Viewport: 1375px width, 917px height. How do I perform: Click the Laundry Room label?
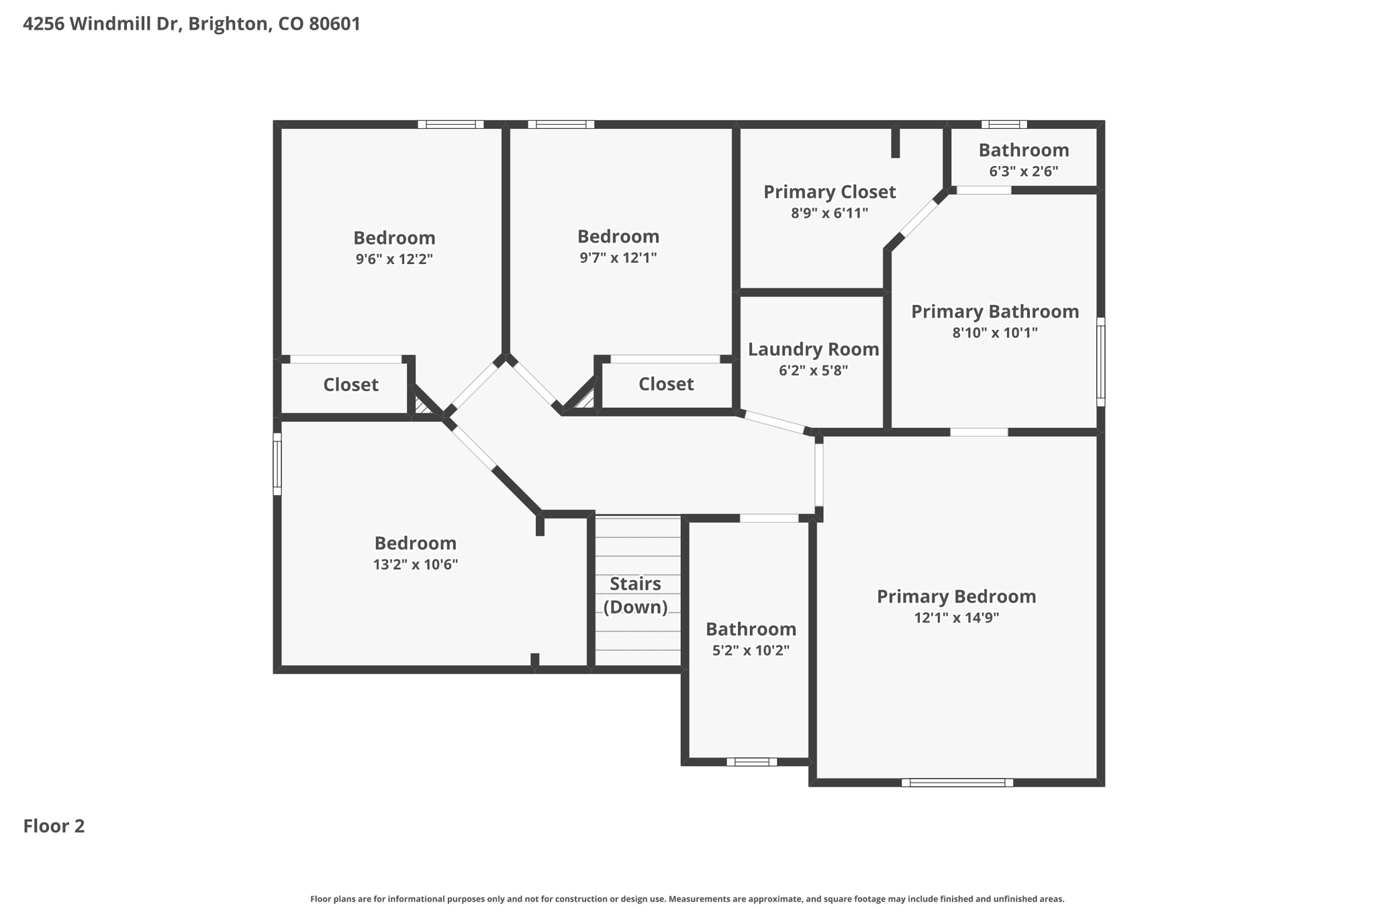813,349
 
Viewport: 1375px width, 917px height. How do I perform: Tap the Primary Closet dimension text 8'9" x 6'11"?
829,214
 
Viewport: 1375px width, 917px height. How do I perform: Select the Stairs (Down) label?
635,595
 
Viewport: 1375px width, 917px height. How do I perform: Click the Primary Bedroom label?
956,597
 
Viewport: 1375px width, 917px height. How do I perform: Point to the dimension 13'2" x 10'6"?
415,565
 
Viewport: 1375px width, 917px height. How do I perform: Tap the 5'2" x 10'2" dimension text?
751,650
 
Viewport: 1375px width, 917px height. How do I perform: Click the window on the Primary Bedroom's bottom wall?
957,783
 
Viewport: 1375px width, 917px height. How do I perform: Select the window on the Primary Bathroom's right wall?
1101,362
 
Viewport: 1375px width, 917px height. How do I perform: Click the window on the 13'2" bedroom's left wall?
277,464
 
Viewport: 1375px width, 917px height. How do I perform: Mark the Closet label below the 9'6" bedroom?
350,385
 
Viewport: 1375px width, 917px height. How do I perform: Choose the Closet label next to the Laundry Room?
666,384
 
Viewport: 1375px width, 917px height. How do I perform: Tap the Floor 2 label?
54,826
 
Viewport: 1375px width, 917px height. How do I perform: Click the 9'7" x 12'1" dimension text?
618,258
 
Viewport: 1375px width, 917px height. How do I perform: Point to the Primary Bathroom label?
994,312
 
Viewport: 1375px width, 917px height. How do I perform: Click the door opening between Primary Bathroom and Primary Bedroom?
979,432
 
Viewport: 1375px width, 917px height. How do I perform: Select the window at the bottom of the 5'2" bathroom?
751,762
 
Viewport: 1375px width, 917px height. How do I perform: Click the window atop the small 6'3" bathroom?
1004,124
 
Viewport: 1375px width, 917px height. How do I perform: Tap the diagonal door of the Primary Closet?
918,216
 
